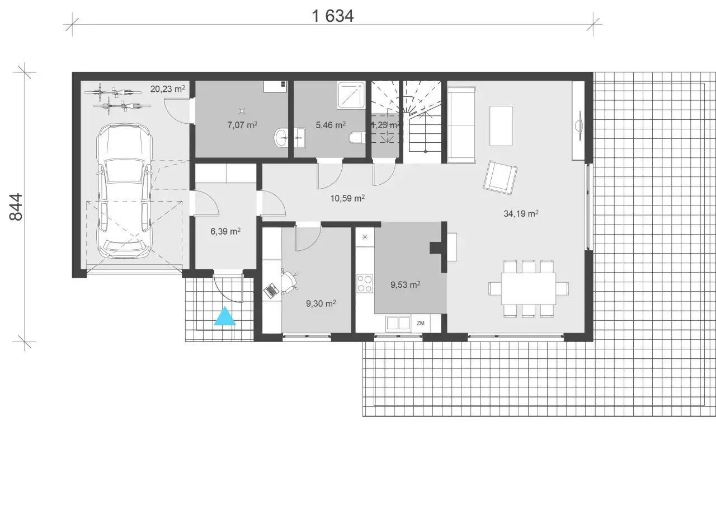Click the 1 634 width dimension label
333,16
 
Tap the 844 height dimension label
16,207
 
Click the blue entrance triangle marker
225,316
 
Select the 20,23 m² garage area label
167,88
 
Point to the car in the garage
124,191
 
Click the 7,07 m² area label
242,125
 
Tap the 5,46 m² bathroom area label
331,125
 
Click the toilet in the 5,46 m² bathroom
356,138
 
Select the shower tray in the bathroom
351,95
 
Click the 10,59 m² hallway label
347,198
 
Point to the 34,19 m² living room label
521,213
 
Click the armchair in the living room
500,178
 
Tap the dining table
529,288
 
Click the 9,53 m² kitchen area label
405,284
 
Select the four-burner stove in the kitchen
365,283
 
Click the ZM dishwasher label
420,323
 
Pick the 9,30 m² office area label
321,303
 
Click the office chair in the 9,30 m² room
289,281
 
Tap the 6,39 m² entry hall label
225,231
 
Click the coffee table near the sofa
501,126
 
